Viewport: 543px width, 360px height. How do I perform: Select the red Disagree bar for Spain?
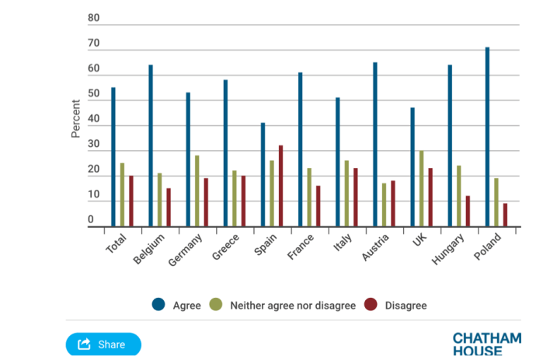(280, 187)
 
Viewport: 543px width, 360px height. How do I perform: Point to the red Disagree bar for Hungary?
(468, 211)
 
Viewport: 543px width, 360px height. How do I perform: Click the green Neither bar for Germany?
(197, 191)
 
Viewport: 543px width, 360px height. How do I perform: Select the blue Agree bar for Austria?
(375, 145)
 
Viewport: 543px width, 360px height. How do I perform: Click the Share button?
(103, 344)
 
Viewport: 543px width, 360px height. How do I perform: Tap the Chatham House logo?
(487, 344)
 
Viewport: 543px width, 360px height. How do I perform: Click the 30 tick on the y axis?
(94, 145)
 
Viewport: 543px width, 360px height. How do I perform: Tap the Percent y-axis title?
(75, 118)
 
